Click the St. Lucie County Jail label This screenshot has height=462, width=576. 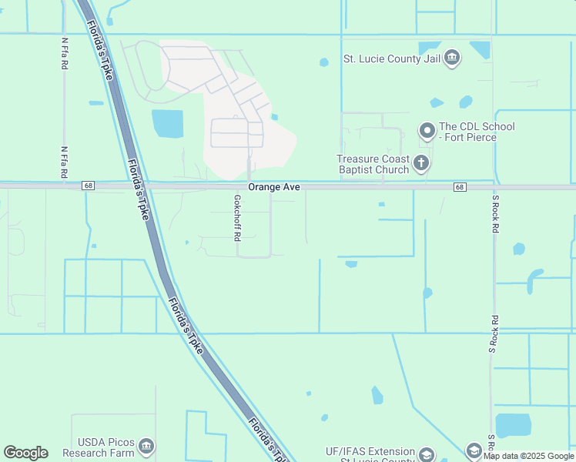coord(392,58)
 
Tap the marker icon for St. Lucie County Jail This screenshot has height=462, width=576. coord(452,57)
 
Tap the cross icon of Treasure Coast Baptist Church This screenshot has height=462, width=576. coord(420,162)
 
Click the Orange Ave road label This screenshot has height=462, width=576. coord(273,187)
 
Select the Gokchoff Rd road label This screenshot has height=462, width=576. coord(238,215)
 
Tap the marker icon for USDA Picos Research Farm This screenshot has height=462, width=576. coord(146,447)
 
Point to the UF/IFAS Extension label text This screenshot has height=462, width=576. coord(370,452)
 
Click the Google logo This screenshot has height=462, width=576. coord(25,453)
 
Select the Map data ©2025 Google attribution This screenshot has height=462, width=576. coord(527,456)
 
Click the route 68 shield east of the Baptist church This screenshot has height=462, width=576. coord(460,187)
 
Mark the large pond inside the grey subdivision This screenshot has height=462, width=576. coord(168,124)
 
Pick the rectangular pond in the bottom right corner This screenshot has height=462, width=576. coord(513,424)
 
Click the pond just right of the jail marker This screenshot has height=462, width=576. coord(479,50)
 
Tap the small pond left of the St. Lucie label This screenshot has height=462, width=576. coord(324,62)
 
